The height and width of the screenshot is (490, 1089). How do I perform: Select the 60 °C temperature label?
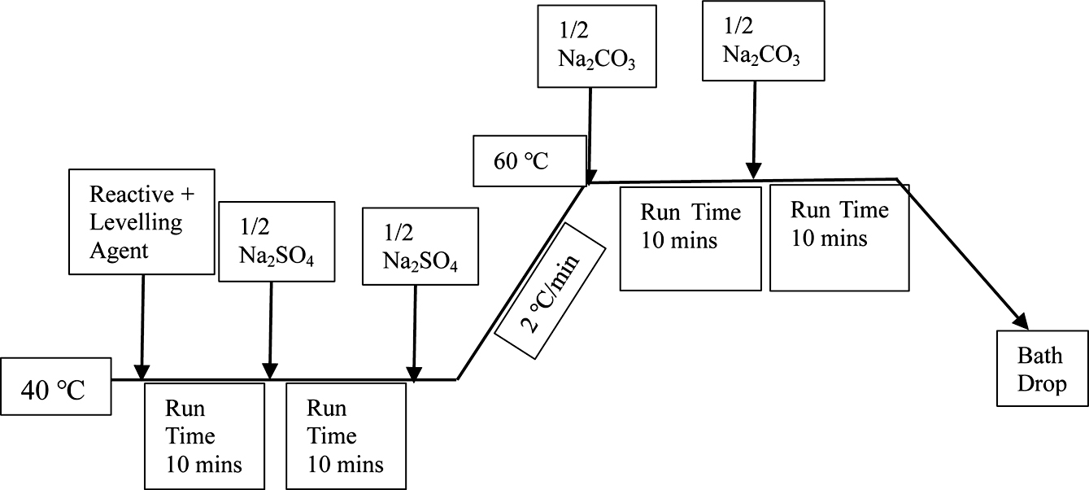click(x=521, y=160)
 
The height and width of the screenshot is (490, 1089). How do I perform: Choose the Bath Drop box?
click(x=1042, y=368)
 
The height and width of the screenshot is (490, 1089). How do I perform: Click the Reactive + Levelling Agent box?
click(x=142, y=221)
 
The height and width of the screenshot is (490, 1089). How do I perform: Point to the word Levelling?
click(x=136, y=221)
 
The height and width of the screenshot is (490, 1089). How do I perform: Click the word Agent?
click(x=119, y=249)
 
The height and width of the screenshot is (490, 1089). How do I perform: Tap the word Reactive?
click(x=131, y=195)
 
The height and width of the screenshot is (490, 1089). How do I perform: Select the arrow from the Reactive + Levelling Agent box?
click(x=143, y=326)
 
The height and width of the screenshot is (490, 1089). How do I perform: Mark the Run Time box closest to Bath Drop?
click(x=839, y=238)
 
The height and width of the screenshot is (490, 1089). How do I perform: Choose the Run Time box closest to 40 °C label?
click(x=204, y=435)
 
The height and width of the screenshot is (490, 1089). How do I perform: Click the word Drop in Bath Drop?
click(x=1042, y=383)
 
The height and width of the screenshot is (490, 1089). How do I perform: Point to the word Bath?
click(x=1039, y=357)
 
